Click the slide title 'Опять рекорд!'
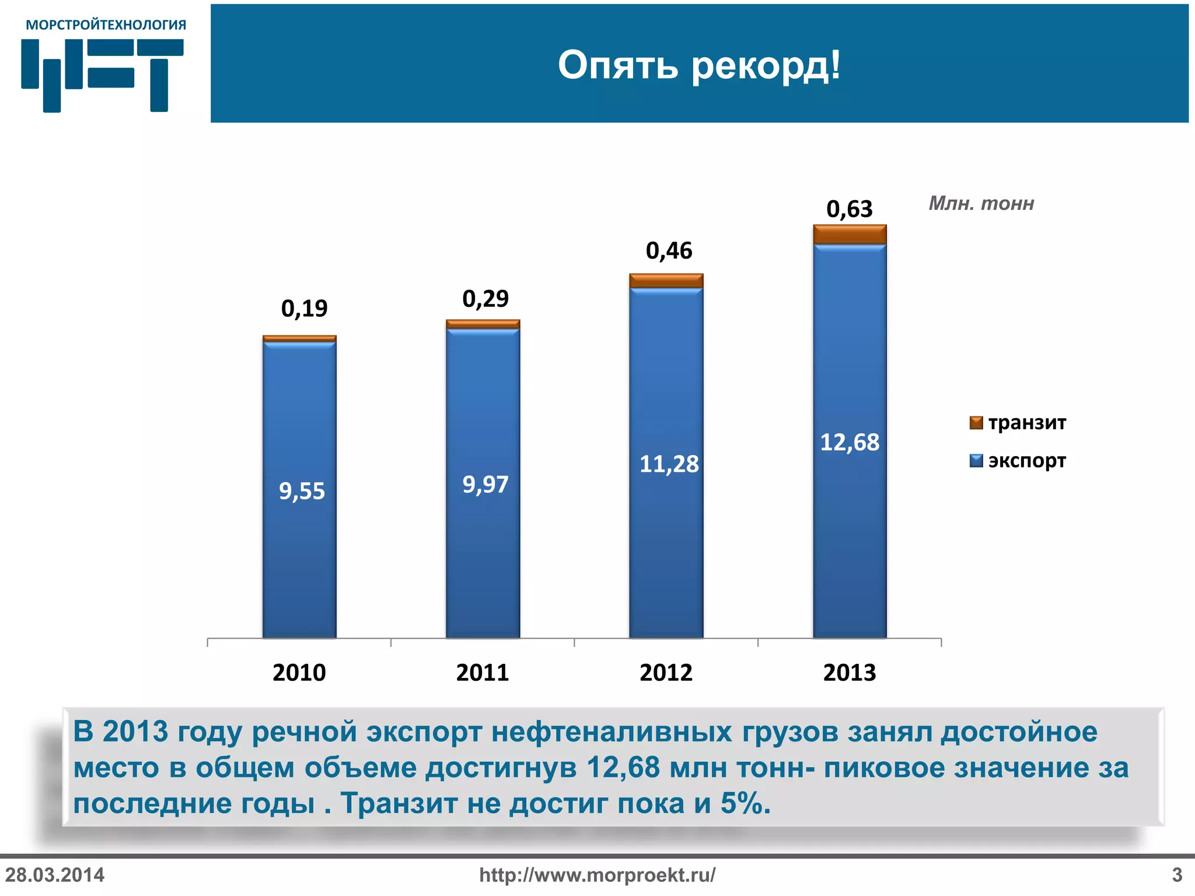click(699, 65)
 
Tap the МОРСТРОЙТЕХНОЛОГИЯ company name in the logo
click(106, 25)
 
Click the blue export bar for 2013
click(850, 525)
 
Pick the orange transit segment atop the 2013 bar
click(850, 235)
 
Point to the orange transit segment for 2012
click(666, 281)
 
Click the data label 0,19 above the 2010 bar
click(304, 308)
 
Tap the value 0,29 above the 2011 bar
click(485, 299)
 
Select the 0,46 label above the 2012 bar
click(669, 251)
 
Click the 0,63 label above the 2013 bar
click(849, 209)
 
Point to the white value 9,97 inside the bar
click(485, 484)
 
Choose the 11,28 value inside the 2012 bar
click(669, 464)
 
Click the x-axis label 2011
click(483, 673)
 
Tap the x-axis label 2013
click(850, 673)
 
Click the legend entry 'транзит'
click(1026, 422)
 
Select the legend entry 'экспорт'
click(1026, 461)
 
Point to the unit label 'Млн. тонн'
click(981, 204)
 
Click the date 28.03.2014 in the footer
click(55, 875)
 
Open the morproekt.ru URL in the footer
click(597, 875)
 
